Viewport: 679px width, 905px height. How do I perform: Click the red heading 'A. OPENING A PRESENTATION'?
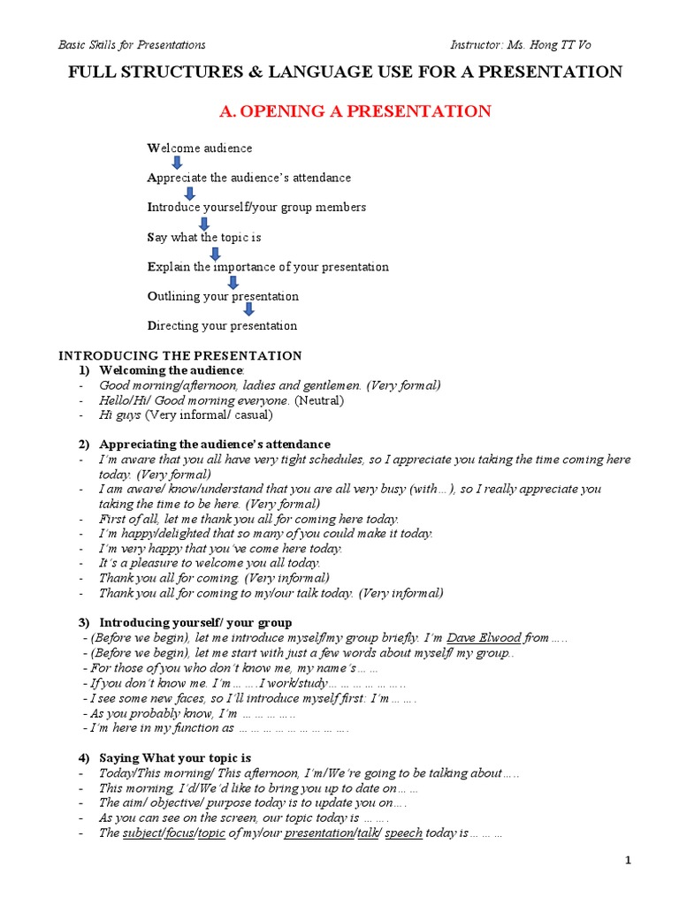point(355,111)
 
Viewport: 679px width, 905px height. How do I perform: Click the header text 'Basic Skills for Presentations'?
point(132,44)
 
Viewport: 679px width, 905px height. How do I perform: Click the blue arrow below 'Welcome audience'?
point(177,163)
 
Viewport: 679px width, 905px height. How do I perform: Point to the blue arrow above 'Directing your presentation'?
point(248,309)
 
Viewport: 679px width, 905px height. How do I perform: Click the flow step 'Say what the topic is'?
point(203,237)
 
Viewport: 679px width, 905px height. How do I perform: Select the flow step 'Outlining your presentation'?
point(223,296)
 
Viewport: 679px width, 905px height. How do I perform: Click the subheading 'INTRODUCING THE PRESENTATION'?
point(180,355)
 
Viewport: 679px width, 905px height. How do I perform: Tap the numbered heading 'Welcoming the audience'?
point(171,370)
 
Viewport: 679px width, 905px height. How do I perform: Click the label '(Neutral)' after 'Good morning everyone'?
point(318,400)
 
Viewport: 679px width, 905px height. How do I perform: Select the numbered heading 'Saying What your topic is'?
point(175,757)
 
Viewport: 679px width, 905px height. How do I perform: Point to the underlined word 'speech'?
point(404,833)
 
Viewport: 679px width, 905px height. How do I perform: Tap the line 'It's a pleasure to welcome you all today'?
point(210,562)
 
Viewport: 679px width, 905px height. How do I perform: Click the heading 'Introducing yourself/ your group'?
point(195,622)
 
